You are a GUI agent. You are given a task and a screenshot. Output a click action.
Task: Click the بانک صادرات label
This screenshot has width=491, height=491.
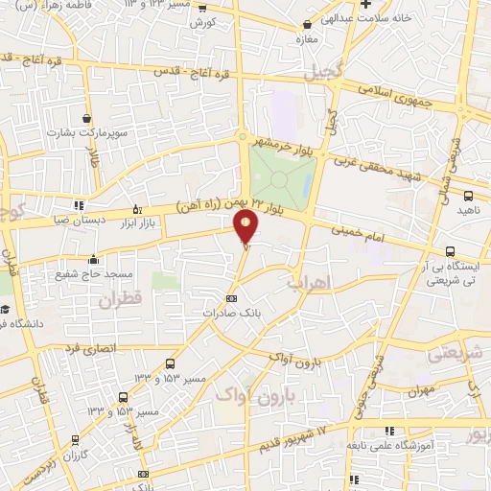pyautogui.click(x=231, y=314)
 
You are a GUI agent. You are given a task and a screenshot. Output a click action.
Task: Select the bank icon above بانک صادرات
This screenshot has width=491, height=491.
pyautogui.click(x=230, y=298)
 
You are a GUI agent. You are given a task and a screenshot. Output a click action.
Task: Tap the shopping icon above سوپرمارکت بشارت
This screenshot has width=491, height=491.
pyautogui.click(x=85, y=117)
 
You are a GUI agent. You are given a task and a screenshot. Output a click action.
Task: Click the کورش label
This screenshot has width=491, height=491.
pyautogui.click(x=201, y=21)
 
